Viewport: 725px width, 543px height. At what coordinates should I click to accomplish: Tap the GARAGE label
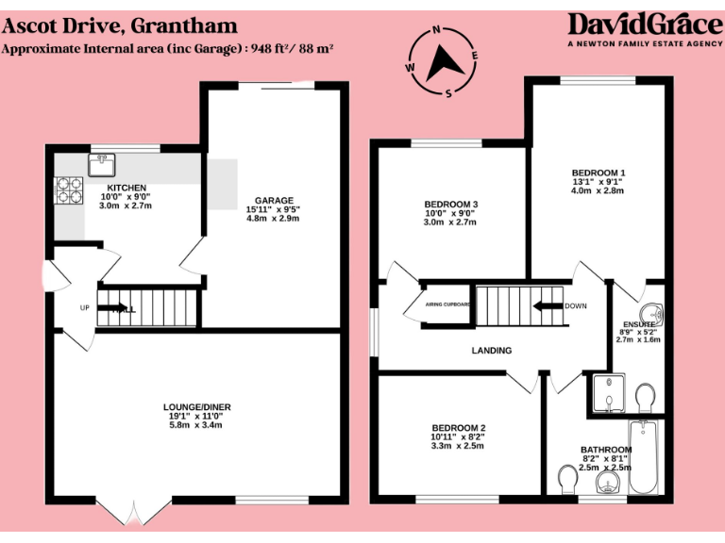(x=272, y=200)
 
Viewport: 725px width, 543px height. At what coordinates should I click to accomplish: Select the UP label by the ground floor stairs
(x=84, y=308)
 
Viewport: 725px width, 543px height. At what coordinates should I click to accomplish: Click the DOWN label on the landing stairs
(x=576, y=306)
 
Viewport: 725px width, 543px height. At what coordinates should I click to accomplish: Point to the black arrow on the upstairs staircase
(x=544, y=306)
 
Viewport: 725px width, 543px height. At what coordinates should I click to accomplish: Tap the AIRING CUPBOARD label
(x=448, y=305)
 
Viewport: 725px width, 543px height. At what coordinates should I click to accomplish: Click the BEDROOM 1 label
(x=599, y=173)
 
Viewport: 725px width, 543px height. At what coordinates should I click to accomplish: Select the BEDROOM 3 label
(x=450, y=205)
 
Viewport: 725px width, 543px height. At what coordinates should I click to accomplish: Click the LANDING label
(x=492, y=351)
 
